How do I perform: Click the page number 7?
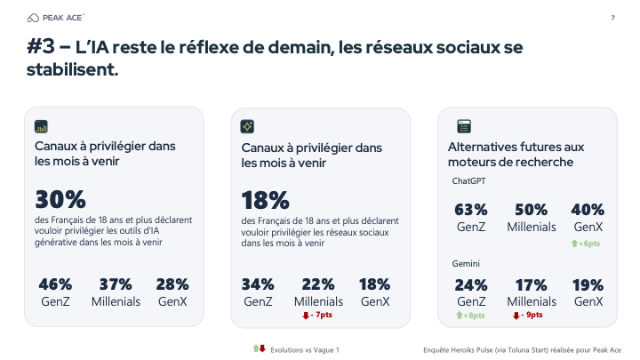click(x=612, y=18)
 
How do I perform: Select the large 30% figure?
click(x=60, y=200)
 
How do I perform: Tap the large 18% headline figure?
click(x=266, y=200)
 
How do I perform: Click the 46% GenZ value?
click(x=55, y=284)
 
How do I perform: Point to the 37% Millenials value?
click(x=116, y=284)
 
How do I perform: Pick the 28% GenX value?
click(x=172, y=284)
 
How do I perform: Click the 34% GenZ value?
click(x=258, y=284)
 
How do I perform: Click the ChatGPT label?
click(x=468, y=181)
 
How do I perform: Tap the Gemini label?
click(x=465, y=263)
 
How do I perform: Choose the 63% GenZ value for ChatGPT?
click(x=470, y=210)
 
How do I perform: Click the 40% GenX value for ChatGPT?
click(x=588, y=210)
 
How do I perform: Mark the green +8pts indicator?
click(x=470, y=315)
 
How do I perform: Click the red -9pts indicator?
click(x=529, y=315)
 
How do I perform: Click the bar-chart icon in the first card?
click(x=41, y=126)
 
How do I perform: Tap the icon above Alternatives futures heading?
click(x=463, y=126)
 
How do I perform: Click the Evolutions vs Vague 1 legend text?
click(x=305, y=348)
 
